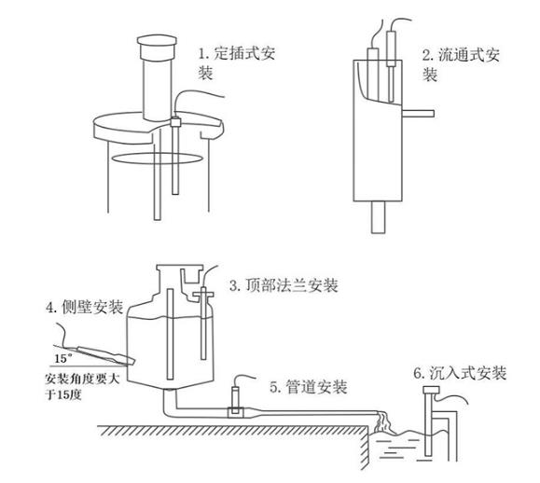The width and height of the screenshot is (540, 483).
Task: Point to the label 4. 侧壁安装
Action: click(82, 309)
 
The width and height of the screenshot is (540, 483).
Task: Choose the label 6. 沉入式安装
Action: click(460, 373)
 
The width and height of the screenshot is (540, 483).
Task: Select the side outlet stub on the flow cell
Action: click(416, 114)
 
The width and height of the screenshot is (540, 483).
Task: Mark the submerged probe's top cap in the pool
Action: click(429, 397)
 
